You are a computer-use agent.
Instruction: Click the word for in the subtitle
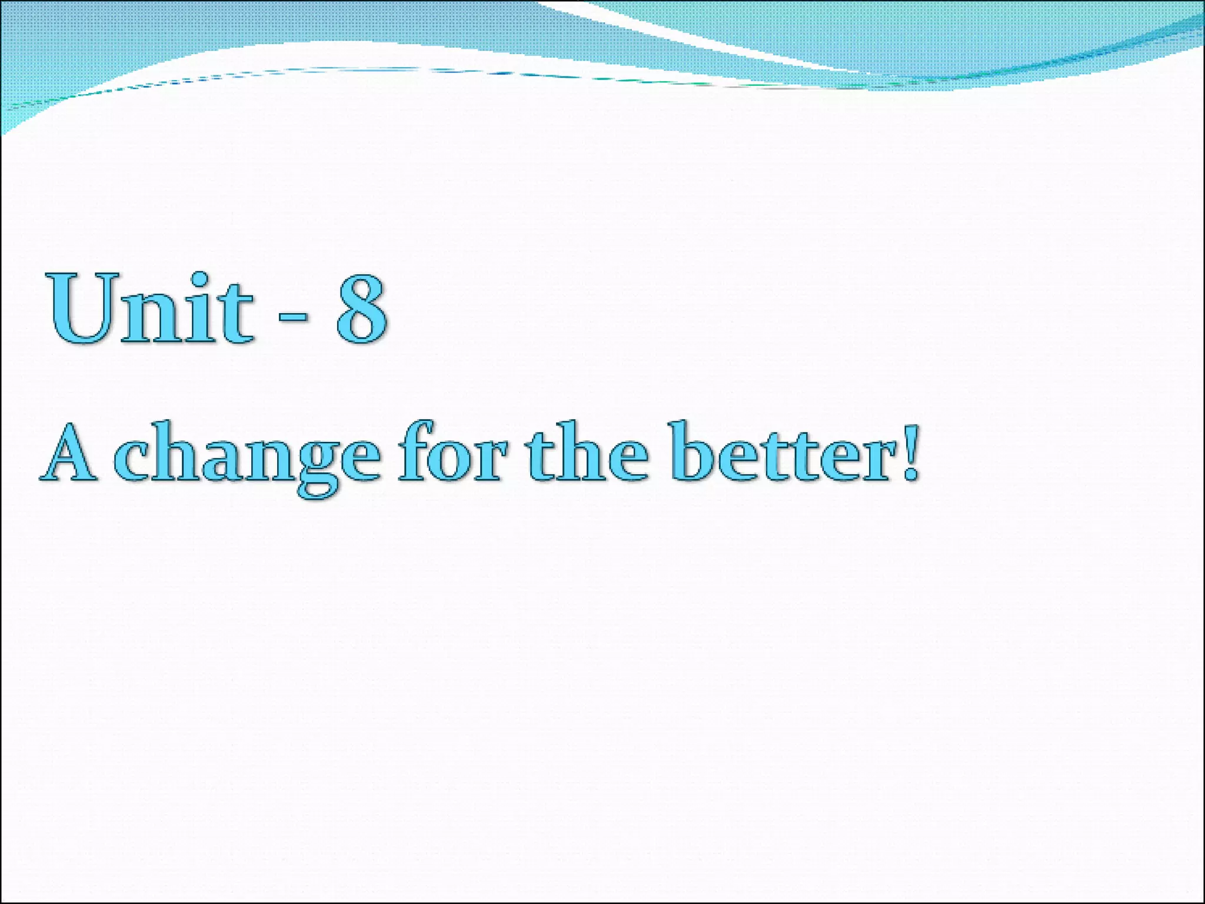(x=450, y=453)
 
